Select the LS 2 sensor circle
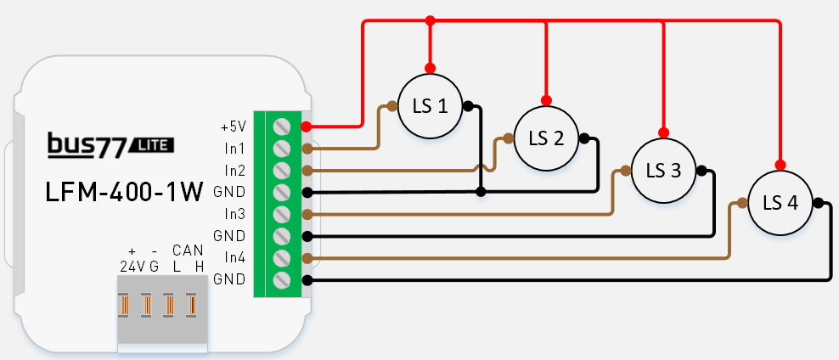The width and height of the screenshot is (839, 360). [547, 138]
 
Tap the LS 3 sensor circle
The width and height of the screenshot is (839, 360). [663, 170]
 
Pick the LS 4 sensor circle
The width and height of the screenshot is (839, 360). [780, 202]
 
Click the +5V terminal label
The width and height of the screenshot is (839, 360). [232, 127]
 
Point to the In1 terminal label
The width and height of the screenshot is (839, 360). [234, 149]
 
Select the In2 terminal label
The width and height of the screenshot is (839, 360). [234, 170]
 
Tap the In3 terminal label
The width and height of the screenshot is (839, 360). [234, 213]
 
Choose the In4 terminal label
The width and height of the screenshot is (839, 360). [234, 257]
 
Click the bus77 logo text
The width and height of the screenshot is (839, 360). [86, 145]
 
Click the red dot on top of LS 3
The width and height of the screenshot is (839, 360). [663, 133]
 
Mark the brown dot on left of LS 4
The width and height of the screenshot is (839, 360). [742, 202]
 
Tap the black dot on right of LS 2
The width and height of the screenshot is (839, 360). [583, 138]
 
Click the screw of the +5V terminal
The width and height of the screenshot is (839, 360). [281, 127]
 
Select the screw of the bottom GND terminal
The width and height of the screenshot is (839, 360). [281, 279]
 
